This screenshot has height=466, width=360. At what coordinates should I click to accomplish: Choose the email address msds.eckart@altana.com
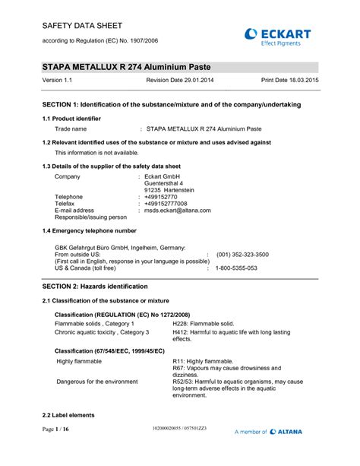[x=178, y=210]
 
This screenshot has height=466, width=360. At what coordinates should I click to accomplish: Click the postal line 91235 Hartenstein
[x=169, y=189]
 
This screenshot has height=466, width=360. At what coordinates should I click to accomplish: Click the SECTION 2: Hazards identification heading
[x=94, y=287]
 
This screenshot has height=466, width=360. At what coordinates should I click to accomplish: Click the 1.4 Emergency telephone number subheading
[x=90, y=230]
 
